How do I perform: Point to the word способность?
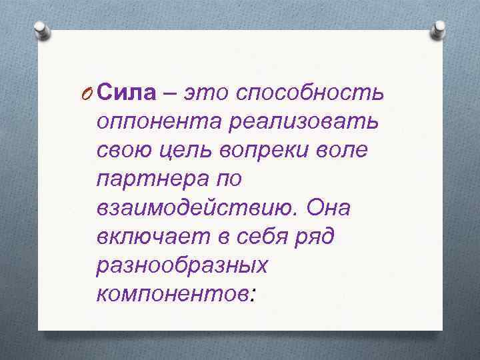(x=313, y=95)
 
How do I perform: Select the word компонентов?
(x=173, y=294)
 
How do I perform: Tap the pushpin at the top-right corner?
(x=438, y=30)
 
